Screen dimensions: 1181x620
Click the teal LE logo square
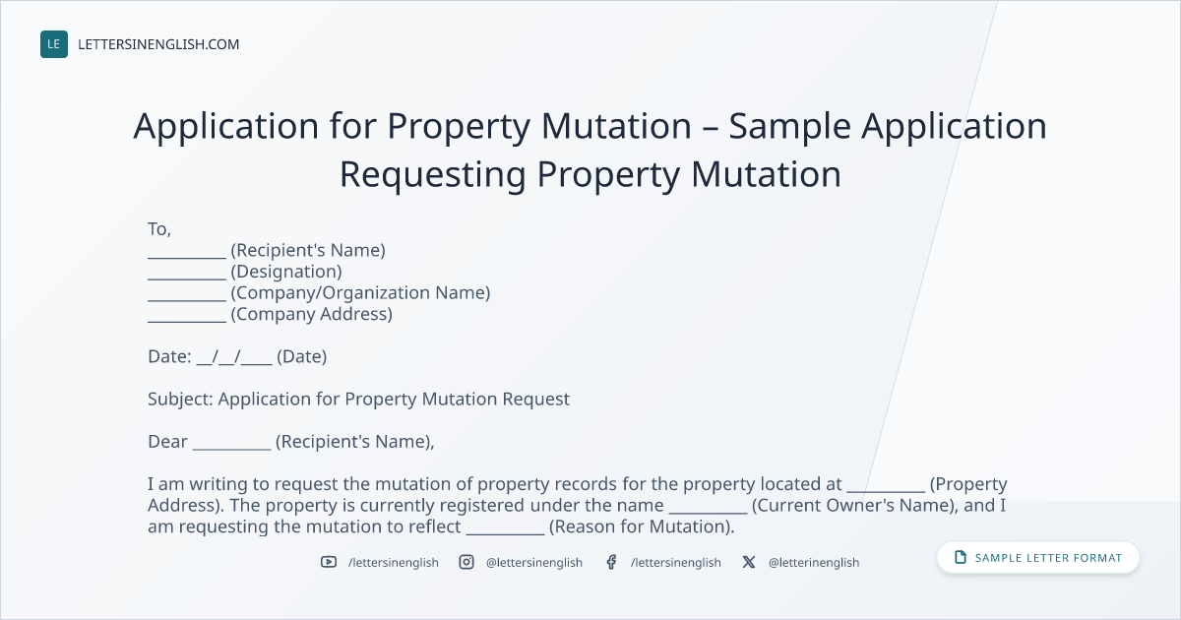pos(54,44)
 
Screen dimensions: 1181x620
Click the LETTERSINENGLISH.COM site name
pos(158,44)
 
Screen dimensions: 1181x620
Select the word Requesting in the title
pos(432,174)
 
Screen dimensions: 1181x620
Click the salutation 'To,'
pos(159,229)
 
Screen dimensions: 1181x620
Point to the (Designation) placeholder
pos(286,272)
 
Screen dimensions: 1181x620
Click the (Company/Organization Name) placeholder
pos(360,292)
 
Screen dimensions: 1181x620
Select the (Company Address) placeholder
pos(312,314)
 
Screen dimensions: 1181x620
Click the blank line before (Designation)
pos(187,279)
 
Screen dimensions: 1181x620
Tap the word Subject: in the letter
pos(180,400)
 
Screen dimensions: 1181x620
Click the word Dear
pos(167,442)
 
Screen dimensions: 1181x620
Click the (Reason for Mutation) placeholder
pos(642,527)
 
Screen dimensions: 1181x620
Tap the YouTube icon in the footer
pos(329,562)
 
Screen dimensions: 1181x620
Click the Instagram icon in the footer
pos(466,562)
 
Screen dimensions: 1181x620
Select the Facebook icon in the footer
pos(611,562)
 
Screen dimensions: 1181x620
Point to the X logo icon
pos(749,562)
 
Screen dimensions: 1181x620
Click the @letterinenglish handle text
pos(814,563)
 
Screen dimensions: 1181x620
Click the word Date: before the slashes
pos(169,357)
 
